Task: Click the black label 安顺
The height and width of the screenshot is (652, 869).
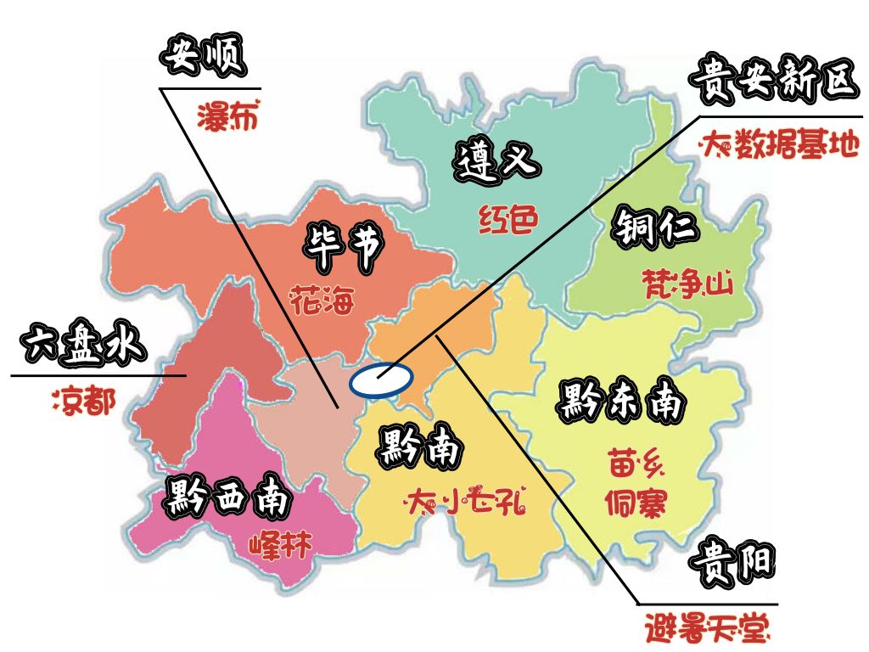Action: (x=203, y=59)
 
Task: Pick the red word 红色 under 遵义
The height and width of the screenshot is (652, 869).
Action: (x=508, y=219)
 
